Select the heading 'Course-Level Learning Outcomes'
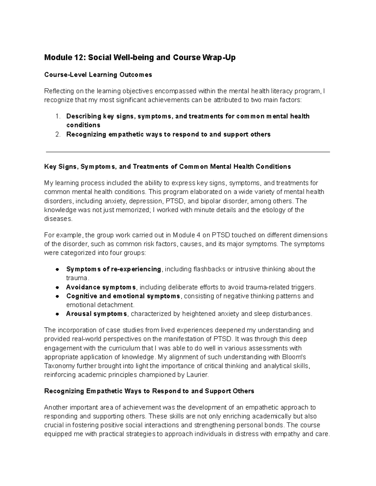[98, 75]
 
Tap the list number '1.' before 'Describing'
[58, 116]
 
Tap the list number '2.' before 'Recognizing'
[58, 135]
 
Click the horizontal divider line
[188, 152]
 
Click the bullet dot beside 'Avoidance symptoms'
[57, 287]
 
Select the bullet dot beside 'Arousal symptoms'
[57, 314]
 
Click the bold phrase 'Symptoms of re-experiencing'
[114, 269]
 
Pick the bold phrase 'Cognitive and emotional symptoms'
[123, 296]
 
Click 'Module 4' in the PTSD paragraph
[186, 235]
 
